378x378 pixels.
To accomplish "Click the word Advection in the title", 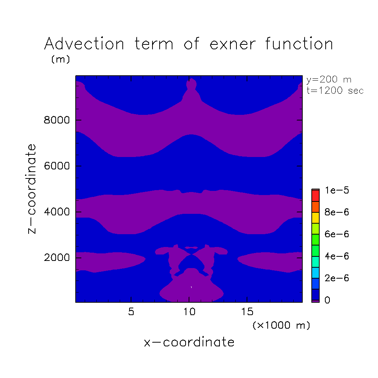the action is click(84, 44).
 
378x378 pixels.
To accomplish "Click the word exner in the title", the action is click(233, 44).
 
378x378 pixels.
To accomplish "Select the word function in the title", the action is click(299, 44).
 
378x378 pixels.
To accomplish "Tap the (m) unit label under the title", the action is click(61, 59).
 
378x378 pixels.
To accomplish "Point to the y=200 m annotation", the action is click(329, 80).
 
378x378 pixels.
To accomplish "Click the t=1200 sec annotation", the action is click(335, 90).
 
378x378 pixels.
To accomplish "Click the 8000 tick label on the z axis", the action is click(56, 120).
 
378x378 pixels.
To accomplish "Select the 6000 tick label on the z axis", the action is click(56, 166).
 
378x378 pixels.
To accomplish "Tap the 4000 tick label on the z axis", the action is click(56, 212).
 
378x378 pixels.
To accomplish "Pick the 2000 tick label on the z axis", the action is click(56, 258).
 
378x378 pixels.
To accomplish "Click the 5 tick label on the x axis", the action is click(131, 312).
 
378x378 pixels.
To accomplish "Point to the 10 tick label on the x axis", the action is click(189, 312).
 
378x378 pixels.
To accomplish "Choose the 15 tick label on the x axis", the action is click(247, 312).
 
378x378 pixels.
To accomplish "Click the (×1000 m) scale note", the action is click(281, 325).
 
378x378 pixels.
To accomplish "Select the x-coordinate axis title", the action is click(189, 342).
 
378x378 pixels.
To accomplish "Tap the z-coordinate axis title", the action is click(32, 189).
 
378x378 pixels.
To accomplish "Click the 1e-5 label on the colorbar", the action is click(337, 191).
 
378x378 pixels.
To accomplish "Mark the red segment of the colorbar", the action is click(316, 196).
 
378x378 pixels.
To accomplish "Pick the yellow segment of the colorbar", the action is click(316, 218).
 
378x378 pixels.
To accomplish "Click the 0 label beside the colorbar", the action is click(328, 300).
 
